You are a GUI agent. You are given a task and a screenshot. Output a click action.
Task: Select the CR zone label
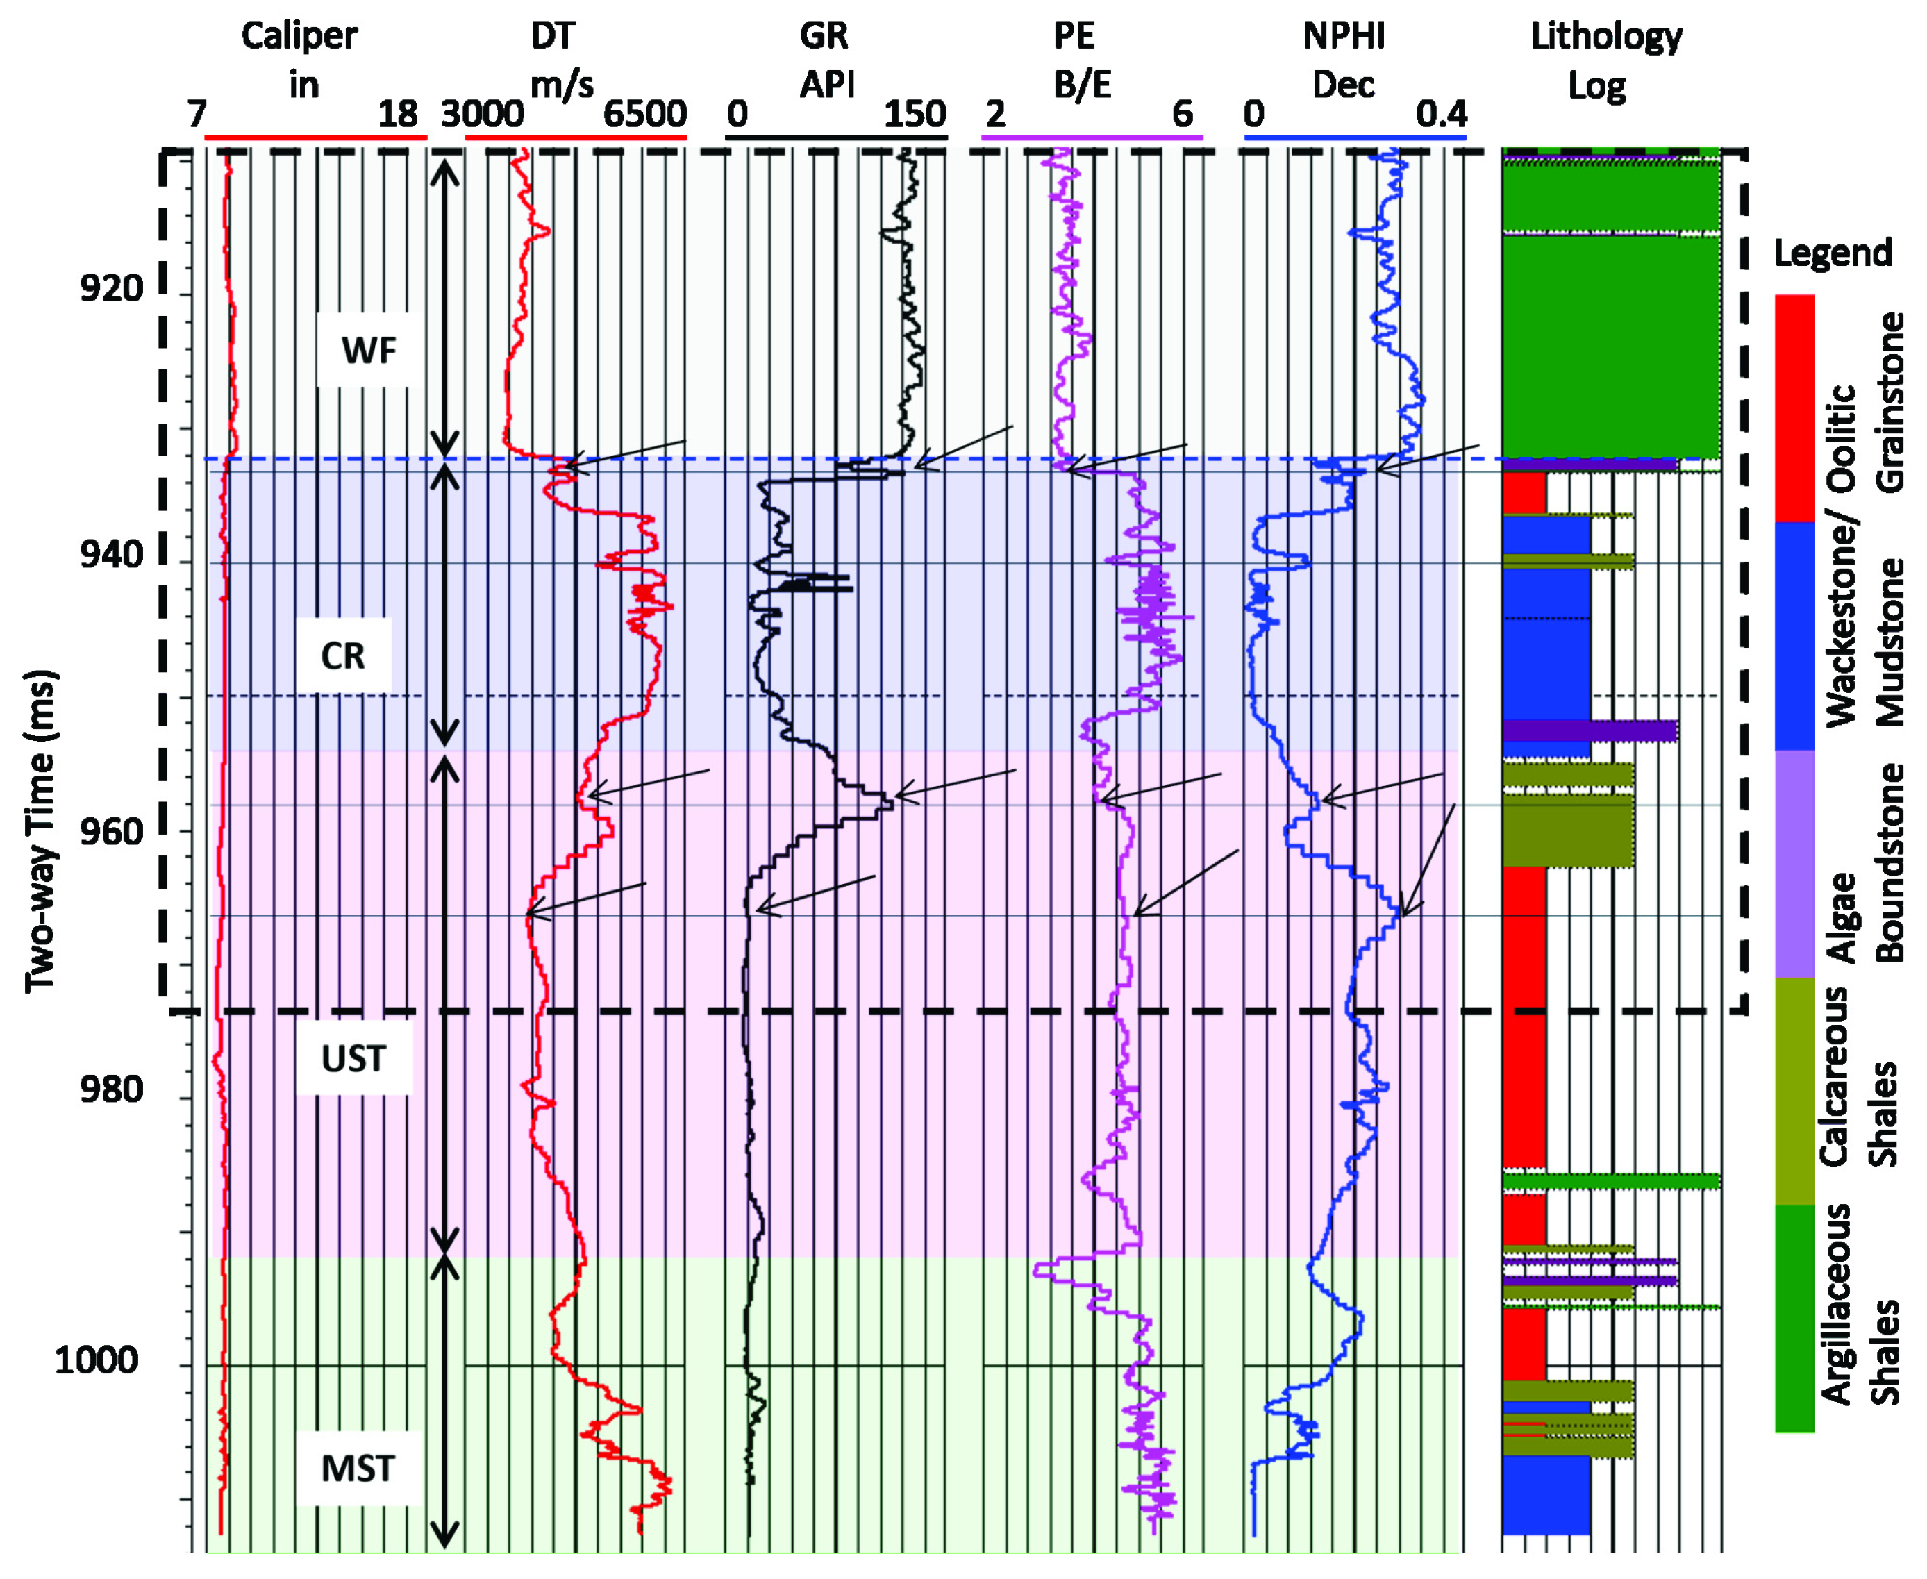(x=343, y=655)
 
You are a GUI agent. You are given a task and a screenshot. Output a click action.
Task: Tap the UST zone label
(x=353, y=1059)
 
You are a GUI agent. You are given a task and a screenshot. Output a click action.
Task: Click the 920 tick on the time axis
(x=112, y=290)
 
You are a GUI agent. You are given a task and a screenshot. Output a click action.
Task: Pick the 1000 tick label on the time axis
(x=97, y=1362)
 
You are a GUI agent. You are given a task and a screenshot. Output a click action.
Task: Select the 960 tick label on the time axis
(x=112, y=831)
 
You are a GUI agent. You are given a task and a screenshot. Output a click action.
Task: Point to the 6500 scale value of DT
(x=644, y=115)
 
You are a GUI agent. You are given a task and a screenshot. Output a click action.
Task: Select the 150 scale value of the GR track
(x=915, y=115)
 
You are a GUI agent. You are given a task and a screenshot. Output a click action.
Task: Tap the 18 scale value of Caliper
(x=397, y=115)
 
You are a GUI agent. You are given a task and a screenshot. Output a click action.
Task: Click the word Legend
(x=1833, y=253)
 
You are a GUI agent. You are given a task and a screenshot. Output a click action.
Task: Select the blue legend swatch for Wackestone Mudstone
(x=1794, y=636)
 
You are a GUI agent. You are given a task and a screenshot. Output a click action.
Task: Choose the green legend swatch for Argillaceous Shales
(x=1794, y=1319)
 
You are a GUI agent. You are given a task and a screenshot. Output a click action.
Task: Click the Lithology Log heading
(x=1606, y=60)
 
